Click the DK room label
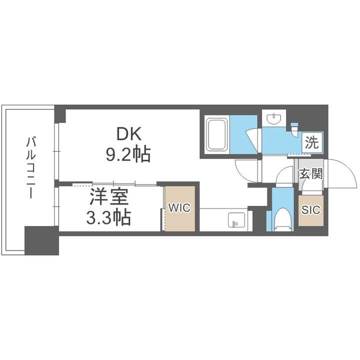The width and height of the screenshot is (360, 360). click(129, 133)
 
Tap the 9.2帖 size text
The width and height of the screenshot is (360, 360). click(127, 155)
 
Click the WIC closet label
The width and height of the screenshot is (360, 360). click(179, 208)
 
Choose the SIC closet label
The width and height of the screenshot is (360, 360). click(310, 210)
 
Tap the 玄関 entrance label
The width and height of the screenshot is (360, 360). click(310, 174)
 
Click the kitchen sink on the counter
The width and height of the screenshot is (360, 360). click(236, 219)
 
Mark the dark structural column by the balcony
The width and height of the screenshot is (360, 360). click(41, 240)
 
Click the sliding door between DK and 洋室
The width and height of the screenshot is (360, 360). click(115, 184)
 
